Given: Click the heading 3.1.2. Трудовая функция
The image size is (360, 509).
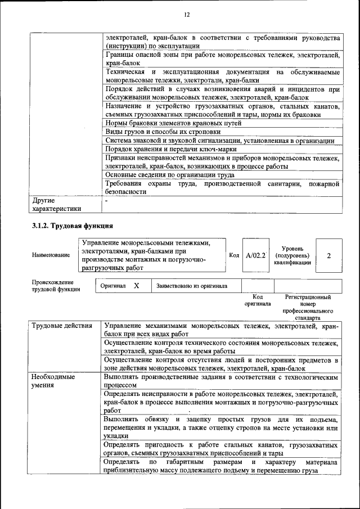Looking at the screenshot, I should tap(72, 226).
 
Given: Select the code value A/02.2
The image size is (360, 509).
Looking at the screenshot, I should tap(255, 255).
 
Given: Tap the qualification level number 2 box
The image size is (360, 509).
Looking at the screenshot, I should tap(328, 255).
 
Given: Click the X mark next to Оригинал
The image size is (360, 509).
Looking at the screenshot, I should tap(136, 286).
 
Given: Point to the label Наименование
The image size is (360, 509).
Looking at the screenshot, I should tap(51, 255).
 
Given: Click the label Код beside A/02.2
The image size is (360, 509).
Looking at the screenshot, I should tap(235, 255).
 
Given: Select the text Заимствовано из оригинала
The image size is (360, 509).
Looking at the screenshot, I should tap(192, 286).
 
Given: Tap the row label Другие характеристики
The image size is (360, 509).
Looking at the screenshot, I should tap(56, 204).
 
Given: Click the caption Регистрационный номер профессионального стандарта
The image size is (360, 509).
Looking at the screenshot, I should tap(308, 307).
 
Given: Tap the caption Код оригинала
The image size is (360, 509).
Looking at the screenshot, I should tap(258, 300).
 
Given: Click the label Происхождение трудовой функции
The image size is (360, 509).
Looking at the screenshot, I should tap(56, 286).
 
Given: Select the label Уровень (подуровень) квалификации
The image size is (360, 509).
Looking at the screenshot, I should tap(292, 255).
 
